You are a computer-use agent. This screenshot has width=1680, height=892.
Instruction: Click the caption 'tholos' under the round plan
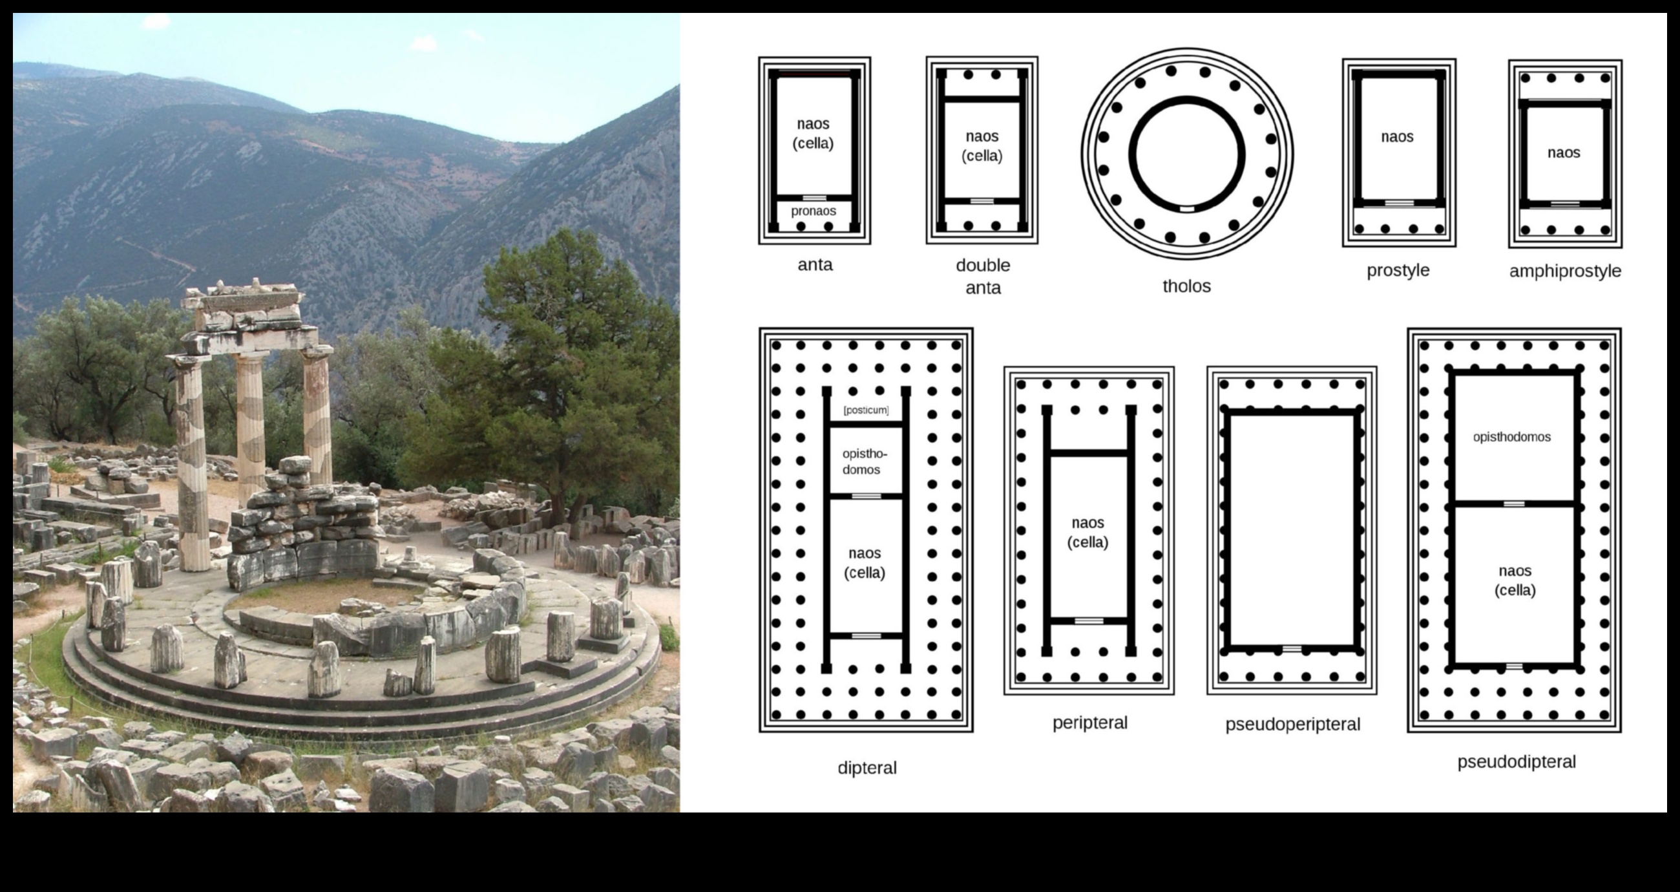click(1186, 286)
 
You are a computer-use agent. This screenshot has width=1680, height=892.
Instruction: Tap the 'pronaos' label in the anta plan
click(814, 211)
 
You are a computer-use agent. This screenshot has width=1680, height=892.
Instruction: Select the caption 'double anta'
click(983, 276)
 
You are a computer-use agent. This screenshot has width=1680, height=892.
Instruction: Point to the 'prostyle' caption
click(1398, 270)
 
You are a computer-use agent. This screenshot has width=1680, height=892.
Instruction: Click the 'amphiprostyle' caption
click(1564, 271)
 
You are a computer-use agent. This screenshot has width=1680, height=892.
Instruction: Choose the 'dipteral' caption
click(866, 767)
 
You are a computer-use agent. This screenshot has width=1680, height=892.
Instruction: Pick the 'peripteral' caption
click(1090, 723)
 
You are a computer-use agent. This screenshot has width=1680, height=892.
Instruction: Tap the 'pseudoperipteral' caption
click(1292, 725)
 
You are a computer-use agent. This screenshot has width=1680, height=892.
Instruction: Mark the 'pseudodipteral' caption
click(1517, 761)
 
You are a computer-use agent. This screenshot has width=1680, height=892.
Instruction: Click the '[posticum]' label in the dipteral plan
click(865, 410)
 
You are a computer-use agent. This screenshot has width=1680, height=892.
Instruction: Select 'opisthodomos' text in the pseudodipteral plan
click(1511, 437)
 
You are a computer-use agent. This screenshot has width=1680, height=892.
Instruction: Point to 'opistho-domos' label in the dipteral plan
click(864, 462)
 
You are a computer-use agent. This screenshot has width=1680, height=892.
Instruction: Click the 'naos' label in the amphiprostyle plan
click(1563, 153)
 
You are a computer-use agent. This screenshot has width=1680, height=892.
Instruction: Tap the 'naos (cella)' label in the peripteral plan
click(1087, 532)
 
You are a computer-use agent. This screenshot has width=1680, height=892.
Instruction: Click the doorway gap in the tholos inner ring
click(1187, 209)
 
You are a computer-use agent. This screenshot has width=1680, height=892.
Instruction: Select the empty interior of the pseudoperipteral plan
click(1291, 529)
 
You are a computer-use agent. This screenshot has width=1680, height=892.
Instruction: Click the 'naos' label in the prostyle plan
click(1397, 137)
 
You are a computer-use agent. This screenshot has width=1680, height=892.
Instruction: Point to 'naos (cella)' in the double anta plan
click(982, 145)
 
